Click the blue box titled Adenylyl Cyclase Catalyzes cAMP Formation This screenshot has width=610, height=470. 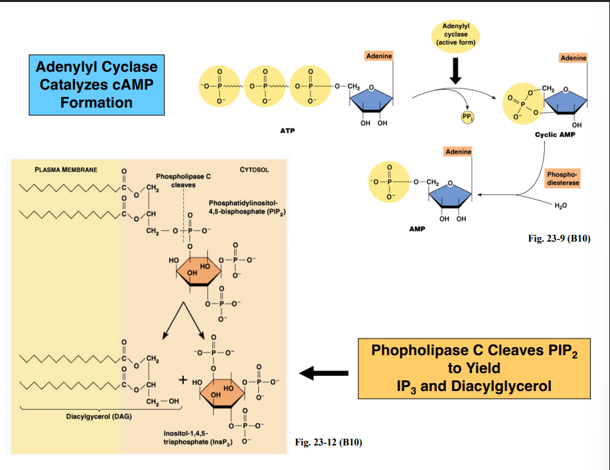[97, 85]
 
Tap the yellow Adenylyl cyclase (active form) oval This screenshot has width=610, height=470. [455, 34]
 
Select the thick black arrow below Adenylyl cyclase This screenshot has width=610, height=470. [455, 71]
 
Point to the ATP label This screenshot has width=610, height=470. [287, 131]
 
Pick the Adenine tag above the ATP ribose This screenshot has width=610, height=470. [378, 56]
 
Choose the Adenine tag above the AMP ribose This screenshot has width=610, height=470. [458, 151]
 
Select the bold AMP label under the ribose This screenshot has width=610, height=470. [417, 228]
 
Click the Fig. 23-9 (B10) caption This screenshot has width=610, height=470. [559, 239]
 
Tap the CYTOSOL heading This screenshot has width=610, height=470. [254, 170]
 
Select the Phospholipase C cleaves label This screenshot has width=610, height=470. [183, 181]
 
